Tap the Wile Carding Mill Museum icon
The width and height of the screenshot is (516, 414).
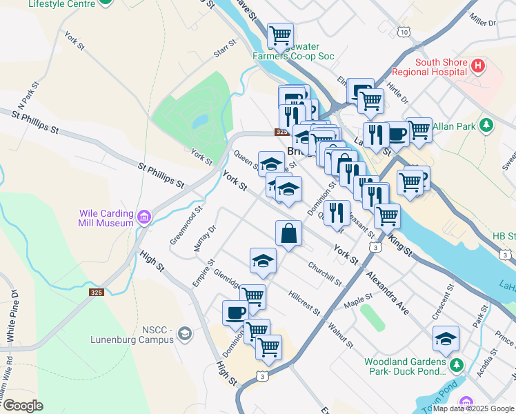[x=143, y=218]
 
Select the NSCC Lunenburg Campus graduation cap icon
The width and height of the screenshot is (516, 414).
[x=184, y=335]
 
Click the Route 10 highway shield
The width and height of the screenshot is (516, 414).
[x=404, y=32]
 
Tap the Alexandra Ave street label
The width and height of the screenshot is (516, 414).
[x=387, y=293]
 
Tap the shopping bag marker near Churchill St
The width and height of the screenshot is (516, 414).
[x=288, y=233]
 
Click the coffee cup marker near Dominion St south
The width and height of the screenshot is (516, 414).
[x=235, y=312]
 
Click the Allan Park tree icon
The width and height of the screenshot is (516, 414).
[x=487, y=125]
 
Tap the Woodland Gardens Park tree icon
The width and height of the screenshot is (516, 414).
[x=454, y=364]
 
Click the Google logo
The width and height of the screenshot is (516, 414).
[x=22, y=406]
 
